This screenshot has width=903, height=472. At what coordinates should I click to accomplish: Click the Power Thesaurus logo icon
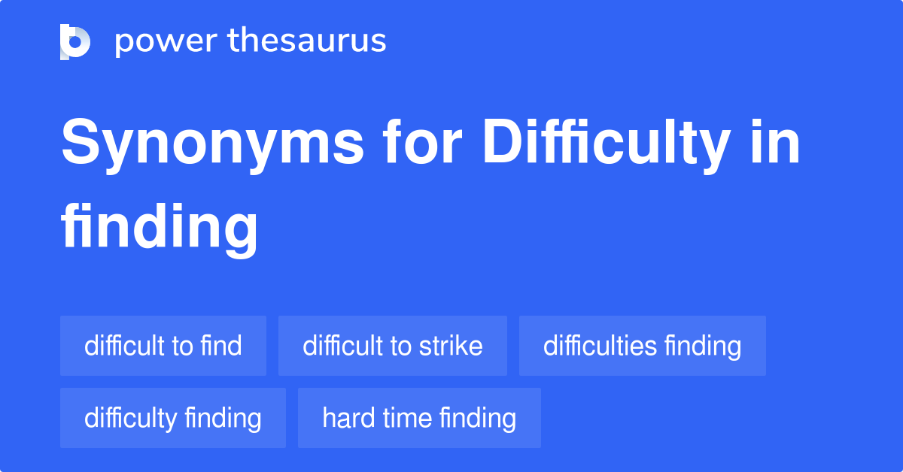pos(75,41)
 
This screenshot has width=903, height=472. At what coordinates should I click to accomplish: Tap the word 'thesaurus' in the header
pos(307,41)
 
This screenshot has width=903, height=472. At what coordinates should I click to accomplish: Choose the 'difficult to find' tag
pos(163,346)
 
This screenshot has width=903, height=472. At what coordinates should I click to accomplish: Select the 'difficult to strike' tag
pos(393,346)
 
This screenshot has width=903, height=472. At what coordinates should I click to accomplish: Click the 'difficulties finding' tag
pos(642,346)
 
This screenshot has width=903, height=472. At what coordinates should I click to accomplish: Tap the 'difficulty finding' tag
pos(173,418)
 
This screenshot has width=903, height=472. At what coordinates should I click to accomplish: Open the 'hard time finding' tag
pos(419,418)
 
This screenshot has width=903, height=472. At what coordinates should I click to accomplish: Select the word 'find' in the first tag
pos(221,346)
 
